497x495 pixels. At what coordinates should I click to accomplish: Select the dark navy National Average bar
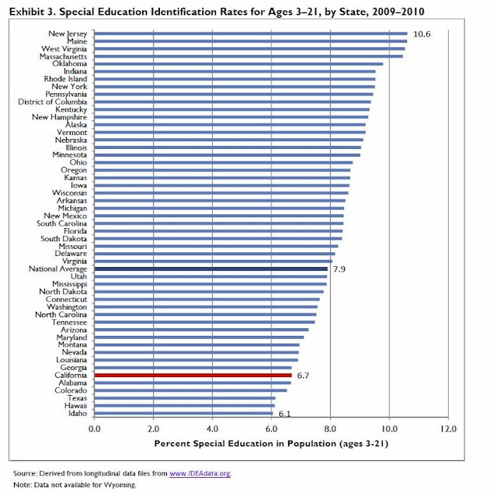210,269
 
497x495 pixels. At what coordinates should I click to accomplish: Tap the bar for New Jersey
250,34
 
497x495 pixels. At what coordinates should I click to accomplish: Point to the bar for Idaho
184,413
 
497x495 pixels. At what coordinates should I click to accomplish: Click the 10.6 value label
422,34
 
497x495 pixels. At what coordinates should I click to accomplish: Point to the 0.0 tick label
95,427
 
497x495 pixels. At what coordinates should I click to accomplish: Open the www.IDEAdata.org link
200,473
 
